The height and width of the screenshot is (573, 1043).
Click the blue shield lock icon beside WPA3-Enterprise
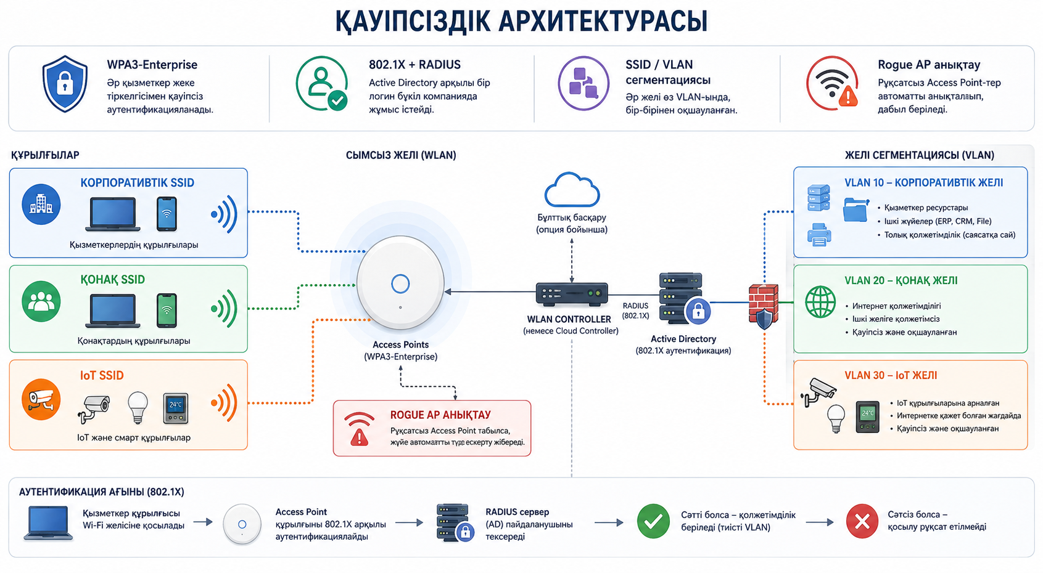(65, 84)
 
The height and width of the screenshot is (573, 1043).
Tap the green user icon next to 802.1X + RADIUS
(322, 84)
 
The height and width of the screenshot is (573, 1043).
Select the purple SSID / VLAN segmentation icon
(583, 83)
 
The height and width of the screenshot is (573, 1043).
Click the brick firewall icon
(763, 306)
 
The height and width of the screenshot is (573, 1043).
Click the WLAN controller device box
(572, 295)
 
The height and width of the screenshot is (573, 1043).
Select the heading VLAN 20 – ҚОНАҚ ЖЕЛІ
(901, 280)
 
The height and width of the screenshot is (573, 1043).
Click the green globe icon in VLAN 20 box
(820, 302)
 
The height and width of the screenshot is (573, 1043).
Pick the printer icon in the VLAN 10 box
(818, 234)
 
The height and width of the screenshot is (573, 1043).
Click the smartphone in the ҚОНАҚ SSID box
(167, 310)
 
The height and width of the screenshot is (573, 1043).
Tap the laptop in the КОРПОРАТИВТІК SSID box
(113, 214)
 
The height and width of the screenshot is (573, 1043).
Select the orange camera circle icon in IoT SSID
(41, 399)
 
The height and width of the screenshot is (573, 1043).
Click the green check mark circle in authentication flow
(653, 521)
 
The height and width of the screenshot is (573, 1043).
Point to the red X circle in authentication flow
(862, 521)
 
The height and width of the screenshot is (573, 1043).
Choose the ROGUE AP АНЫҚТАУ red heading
(440, 415)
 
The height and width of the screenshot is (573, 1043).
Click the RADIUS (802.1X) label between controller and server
(635, 311)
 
